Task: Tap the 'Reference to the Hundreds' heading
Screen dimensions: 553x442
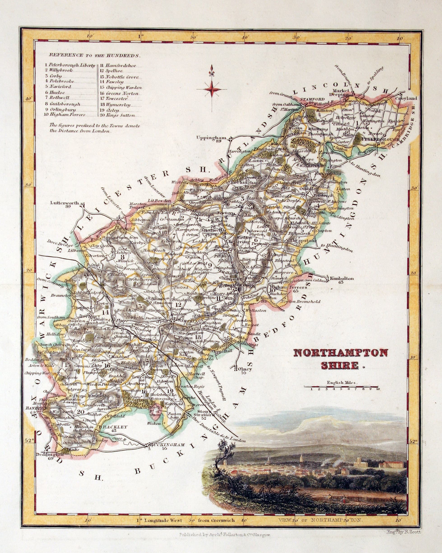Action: coord(95,55)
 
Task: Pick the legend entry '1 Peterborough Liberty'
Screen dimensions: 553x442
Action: coord(70,65)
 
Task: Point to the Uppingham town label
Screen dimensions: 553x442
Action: coord(211,137)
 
